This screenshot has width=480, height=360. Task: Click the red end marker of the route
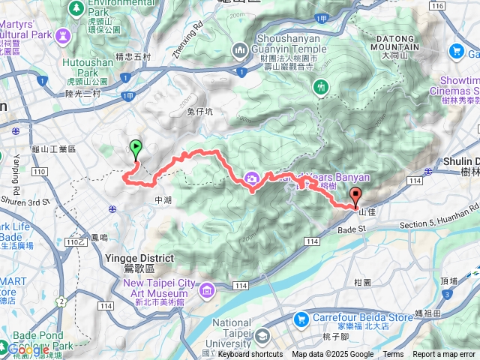click(x=355, y=194)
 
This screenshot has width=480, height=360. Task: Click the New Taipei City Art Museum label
click(x=160, y=289)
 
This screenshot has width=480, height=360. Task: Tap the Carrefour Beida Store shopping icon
click(x=301, y=319)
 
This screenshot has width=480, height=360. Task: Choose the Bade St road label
click(x=350, y=229)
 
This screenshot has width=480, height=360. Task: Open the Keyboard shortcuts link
click(x=250, y=355)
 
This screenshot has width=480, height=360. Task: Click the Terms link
click(x=393, y=355)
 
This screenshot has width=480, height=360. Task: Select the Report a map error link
click(x=444, y=355)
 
